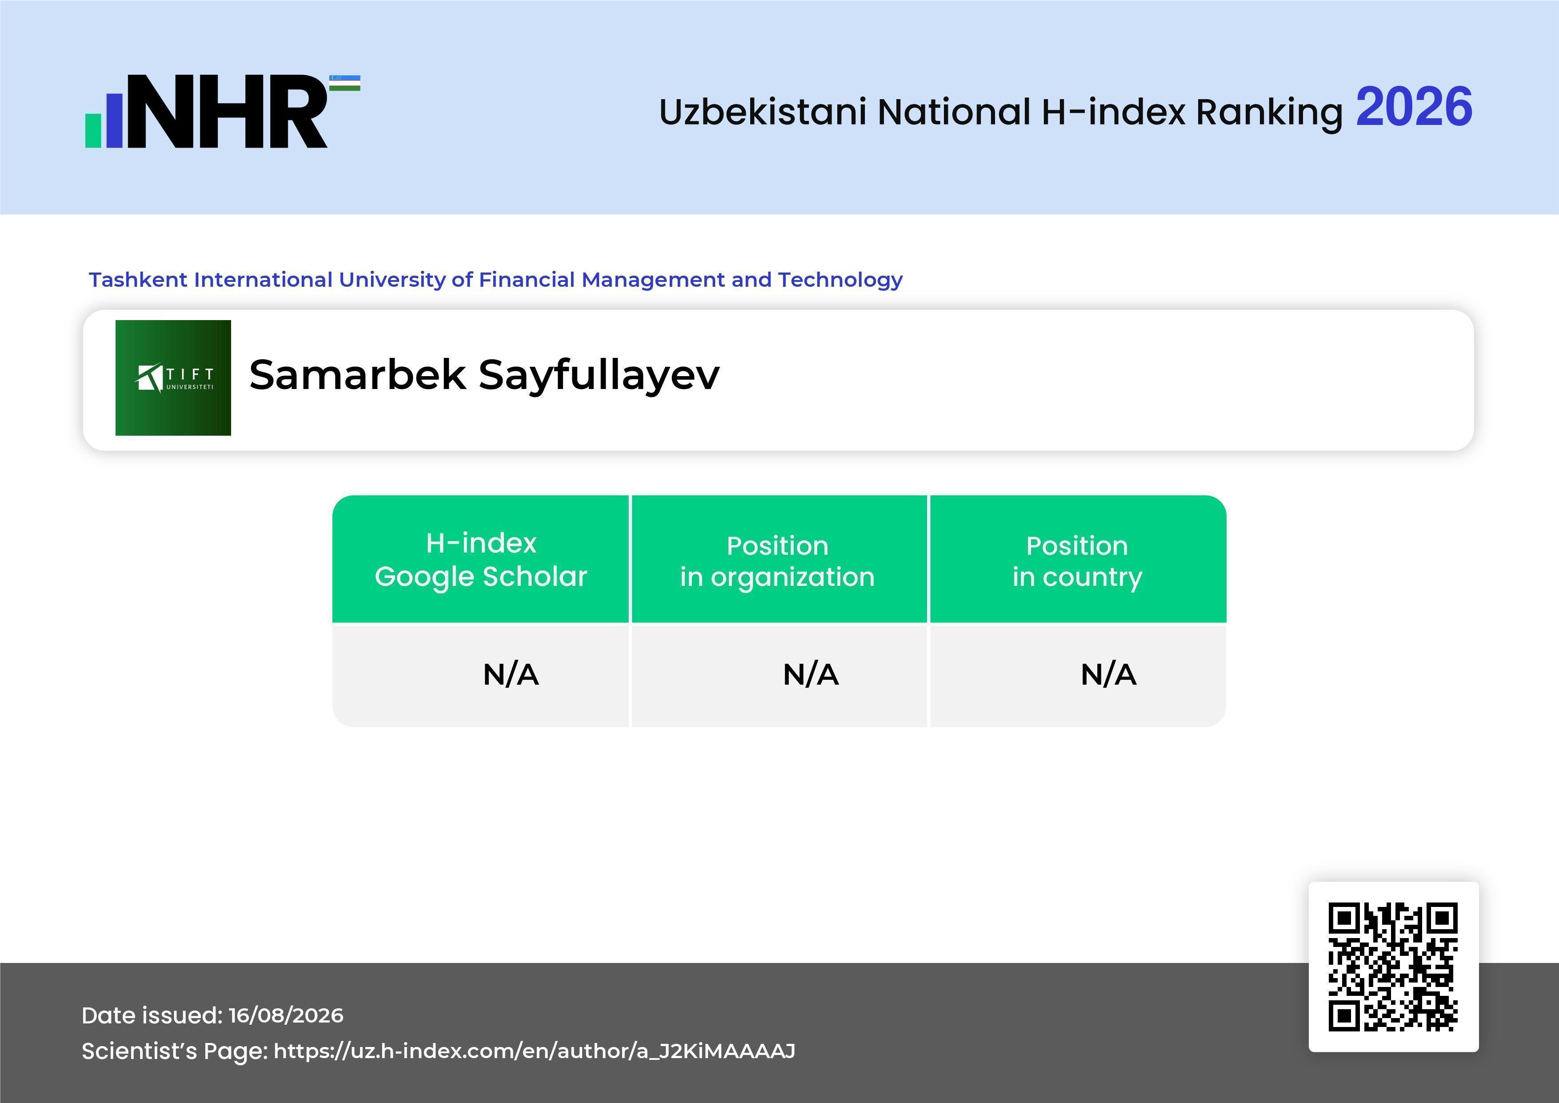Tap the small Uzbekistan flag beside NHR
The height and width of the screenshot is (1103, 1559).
pyautogui.click(x=345, y=83)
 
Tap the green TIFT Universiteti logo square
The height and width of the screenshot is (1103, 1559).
pyautogui.click(x=173, y=377)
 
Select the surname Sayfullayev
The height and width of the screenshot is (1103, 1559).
pyautogui.click(x=599, y=376)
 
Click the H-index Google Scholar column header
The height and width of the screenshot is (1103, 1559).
pyautogui.click(x=481, y=559)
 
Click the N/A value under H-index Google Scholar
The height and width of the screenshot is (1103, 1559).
pyautogui.click(x=511, y=674)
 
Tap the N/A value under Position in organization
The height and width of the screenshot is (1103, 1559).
pyautogui.click(x=811, y=674)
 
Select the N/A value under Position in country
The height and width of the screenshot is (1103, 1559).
pyautogui.click(x=1108, y=674)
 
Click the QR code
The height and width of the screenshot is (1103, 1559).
pyautogui.click(x=1393, y=967)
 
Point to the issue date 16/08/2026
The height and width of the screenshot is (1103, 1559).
pyautogui.click(x=286, y=1015)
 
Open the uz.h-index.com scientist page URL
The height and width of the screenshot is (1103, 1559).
pyautogui.click(x=534, y=1051)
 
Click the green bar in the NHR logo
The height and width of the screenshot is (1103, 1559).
pyautogui.click(x=93, y=130)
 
